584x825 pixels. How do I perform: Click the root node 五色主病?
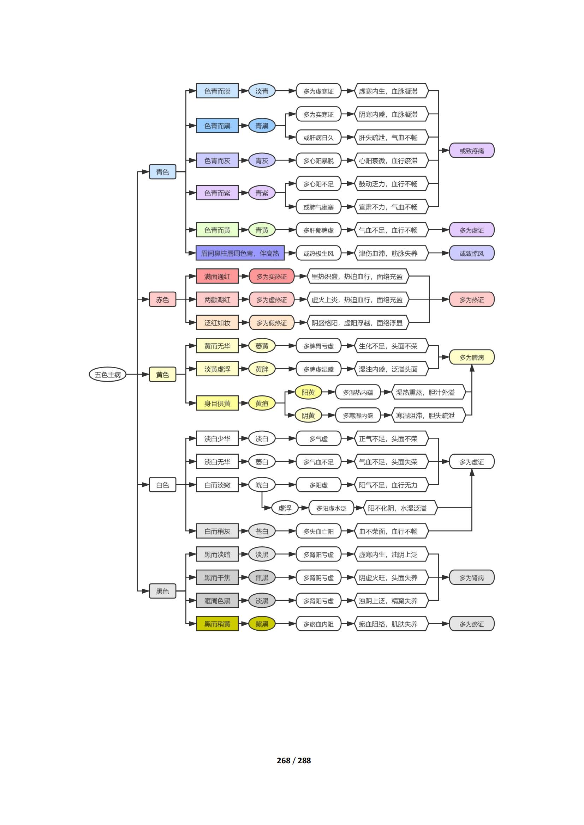pyautogui.click(x=108, y=375)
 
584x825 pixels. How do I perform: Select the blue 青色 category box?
pyautogui.click(x=162, y=172)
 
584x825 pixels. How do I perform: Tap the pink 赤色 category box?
pyautogui.click(x=162, y=299)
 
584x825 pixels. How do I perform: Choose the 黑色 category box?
pyautogui.click(x=162, y=591)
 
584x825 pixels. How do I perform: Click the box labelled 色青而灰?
pyautogui.click(x=217, y=160)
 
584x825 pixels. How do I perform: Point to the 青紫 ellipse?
pyautogui.click(x=262, y=193)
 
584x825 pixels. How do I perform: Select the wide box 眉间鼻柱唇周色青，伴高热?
pyautogui.click(x=240, y=253)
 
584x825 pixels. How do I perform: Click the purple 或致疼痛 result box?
pyautogui.click(x=472, y=151)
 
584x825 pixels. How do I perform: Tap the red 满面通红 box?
pyautogui.click(x=217, y=276)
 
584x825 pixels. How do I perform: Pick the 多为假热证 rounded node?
pyautogui.click(x=272, y=323)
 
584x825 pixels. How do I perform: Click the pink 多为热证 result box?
pyautogui.click(x=472, y=299)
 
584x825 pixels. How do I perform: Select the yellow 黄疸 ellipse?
pyautogui.click(x=262, y=403)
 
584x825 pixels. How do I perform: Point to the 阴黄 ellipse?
pyautogui.click(x=308, y=415)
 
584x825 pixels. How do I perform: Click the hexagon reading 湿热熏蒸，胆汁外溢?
pyautogui.click(x=425, y=392)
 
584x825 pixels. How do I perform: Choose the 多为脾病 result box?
pyautogui.click(x=472, y=357)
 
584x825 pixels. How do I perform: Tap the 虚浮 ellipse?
pyautogui.click(x=285, y=508)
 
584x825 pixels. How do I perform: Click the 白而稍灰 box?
pyautogui.click(x=217, y=531)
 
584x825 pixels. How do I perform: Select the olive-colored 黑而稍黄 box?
pyautogui.click(x=217, y=624)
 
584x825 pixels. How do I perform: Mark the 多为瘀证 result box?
pyautogui.click(x=472, y=624)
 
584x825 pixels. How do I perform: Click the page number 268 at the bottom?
pyautogui.click(x=284, y=760)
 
